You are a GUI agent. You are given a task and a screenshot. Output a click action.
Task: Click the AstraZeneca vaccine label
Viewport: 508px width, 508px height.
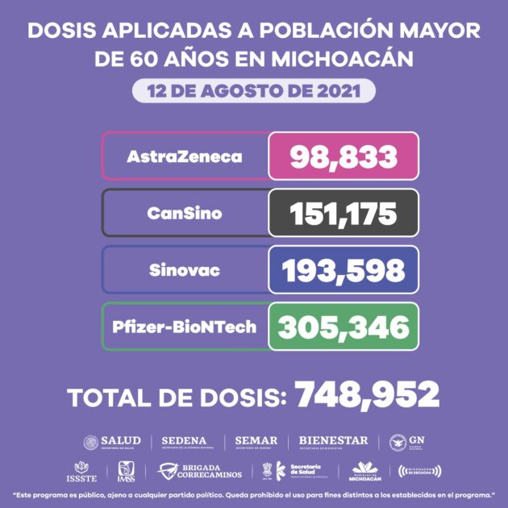184,156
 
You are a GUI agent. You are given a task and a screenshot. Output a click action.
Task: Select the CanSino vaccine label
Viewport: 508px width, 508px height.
184,214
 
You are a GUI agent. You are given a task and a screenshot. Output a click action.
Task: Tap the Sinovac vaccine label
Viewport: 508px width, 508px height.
184,269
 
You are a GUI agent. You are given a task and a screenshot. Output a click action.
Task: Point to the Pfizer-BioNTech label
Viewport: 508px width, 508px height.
185,327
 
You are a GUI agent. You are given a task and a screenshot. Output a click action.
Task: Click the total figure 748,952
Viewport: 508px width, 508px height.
367,395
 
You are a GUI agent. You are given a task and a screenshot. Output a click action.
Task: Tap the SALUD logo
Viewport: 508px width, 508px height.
112,442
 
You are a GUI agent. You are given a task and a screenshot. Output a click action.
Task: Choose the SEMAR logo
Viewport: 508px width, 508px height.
256,442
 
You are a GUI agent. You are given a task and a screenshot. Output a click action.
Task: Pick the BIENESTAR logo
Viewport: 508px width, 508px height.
333,442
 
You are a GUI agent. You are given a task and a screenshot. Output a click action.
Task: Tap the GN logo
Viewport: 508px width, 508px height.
406,442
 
